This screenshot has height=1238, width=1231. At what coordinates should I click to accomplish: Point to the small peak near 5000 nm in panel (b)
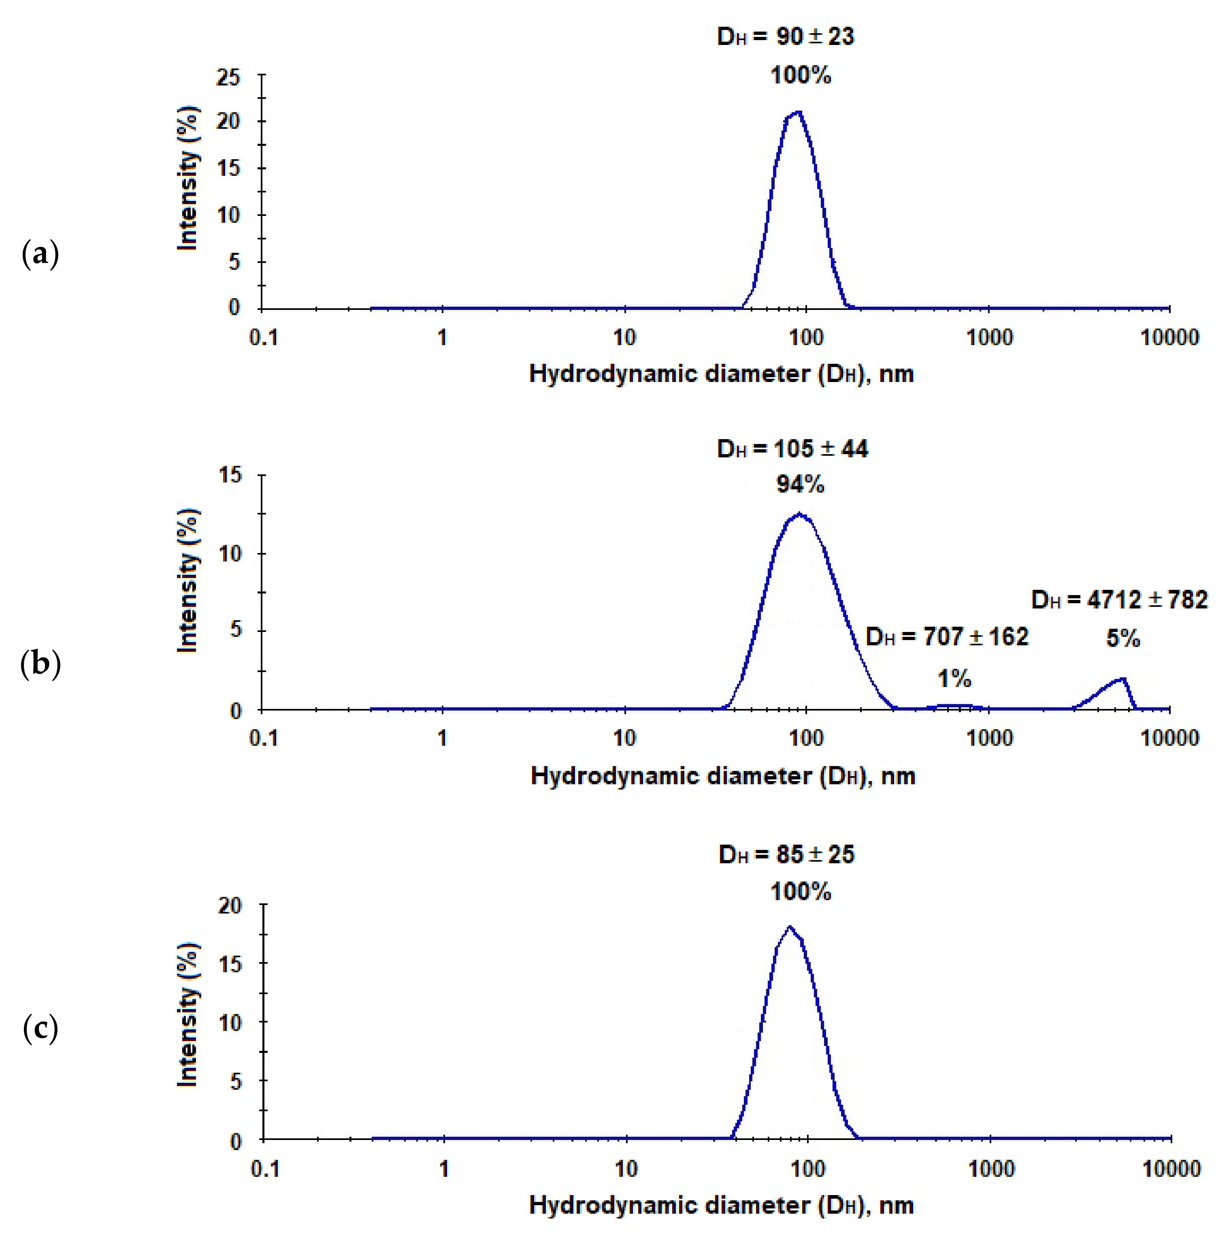click(1122, 679)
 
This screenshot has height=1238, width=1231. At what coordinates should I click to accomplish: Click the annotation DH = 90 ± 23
click(785, 36)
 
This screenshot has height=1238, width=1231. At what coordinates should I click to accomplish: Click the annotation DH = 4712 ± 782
click(1119, 600)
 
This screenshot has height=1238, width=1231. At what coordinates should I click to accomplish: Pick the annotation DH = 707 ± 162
click(947, 637)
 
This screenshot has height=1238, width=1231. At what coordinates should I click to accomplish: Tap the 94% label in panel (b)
click(800, 485)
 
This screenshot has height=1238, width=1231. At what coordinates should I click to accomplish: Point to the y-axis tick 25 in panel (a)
click(228, 77)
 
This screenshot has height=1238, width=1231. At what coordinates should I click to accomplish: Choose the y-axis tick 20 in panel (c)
click(229, 905)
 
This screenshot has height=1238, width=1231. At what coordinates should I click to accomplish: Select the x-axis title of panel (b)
click(722, 777)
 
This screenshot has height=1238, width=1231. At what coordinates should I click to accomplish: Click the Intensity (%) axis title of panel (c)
click(187, 1015)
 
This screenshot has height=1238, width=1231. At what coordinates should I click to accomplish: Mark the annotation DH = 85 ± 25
click(786, 855)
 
